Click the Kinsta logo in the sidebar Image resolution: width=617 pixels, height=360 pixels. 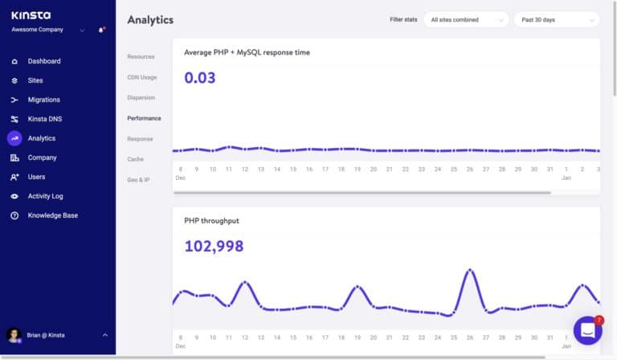(30, 14)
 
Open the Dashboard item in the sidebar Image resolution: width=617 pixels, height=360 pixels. (43, 61)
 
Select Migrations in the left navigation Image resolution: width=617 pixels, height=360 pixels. (43, 100)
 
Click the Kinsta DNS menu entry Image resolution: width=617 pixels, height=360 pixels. (44, 119)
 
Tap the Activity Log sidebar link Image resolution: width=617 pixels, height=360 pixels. (45, 196)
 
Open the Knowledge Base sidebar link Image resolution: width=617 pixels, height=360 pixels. (52, 215)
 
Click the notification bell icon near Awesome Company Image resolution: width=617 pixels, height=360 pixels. (101, 31)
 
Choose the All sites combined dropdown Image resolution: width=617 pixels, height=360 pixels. (466, 19)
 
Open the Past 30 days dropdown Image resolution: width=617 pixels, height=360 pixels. (556, 19)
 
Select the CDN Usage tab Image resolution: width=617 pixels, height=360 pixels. (141, 77)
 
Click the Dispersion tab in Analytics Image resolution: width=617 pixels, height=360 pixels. (141, 97)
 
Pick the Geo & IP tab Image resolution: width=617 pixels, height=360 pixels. (138, 180)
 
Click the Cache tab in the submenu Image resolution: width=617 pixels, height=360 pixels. (135, 159)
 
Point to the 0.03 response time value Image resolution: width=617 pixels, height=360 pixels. (200, 78)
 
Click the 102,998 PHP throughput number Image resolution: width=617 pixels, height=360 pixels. (214, 247)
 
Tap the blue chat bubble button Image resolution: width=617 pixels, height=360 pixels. (587, 330)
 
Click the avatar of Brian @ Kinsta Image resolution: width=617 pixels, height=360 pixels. (14, 335)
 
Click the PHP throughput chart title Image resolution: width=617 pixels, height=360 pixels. (211, 220)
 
